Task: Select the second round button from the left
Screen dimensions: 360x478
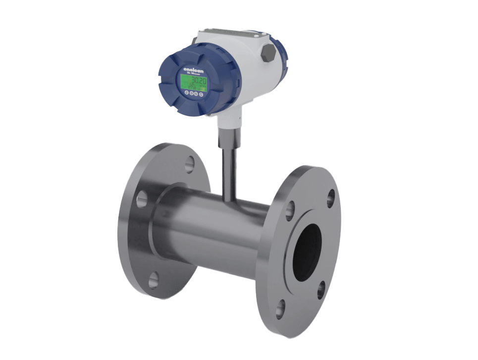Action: (x=191, y=93)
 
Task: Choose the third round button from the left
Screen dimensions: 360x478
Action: (x=196, y=93)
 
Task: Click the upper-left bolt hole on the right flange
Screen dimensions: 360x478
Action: (x=290, y=210)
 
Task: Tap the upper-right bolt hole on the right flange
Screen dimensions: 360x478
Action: (x=330, y=199)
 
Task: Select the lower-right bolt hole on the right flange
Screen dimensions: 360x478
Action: (x=321, y=290)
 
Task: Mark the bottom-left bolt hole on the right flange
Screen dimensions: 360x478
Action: (x=280, y=309)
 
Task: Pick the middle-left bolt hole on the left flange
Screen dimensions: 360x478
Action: (x=142, y=199)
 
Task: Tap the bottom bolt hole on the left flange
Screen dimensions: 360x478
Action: (x=154, y=280)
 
